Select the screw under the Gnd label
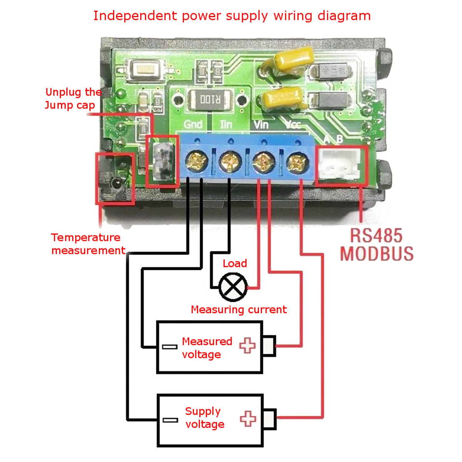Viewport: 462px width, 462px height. [x=197, y=161]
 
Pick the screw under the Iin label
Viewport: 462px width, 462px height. [x=230, y=161]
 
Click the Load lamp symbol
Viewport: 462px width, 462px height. [x=233, y=287]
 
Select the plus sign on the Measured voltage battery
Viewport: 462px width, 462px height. [x=248, y=345]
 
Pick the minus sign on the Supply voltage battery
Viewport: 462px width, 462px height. [x=170, y=420]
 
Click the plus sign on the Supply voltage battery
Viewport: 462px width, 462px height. [x=248, y=418]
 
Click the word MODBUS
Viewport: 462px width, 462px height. [x=377, y=254]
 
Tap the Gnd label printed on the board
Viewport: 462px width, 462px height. [x=193, y=124]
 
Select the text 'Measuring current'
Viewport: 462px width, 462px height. [x=239, y=310]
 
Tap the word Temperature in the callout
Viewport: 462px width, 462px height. [x=85, y=238]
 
